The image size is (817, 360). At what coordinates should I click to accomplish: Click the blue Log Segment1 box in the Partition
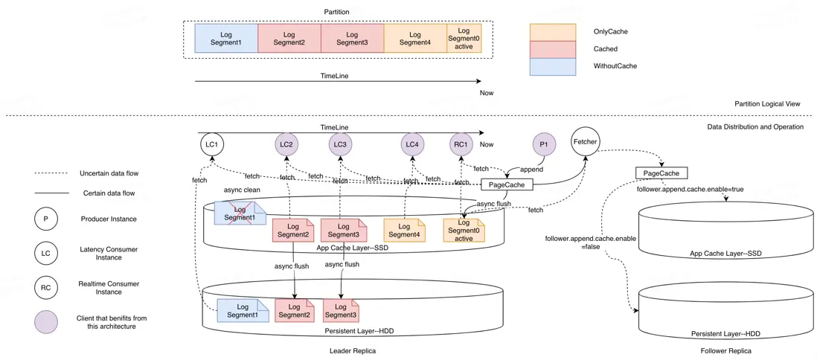(x=226, y=39)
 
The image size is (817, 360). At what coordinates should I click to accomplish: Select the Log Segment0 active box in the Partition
(x=464, y=39)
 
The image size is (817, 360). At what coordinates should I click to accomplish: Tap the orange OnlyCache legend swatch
(x=553, y=32)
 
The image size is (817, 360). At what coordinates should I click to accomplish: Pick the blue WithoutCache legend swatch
(x=553, y=66)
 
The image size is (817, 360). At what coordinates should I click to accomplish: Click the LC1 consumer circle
(x=212, y=144)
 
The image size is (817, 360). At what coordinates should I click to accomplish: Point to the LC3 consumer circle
(x=340, y=144)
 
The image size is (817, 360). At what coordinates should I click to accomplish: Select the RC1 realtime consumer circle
(x=461, y=144)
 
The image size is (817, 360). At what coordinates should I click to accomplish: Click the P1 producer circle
(x=544, y=144)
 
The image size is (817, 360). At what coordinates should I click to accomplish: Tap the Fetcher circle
(x=586, y=141)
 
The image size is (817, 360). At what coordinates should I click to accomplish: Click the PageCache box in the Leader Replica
(x=507, y=184)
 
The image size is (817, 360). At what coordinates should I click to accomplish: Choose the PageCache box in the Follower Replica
(x=661, y=173)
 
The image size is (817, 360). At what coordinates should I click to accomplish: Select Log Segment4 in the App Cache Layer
(x=404, y=230)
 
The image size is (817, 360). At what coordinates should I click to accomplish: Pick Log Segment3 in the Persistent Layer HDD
(x=341, y=310)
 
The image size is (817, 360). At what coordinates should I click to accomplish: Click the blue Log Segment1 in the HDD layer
(x=243, y=310)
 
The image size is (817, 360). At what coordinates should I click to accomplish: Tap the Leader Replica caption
(x=352, y=350)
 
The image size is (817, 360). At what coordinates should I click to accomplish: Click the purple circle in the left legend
(x=45, y=322)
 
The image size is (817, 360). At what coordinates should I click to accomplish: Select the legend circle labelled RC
(x=45, y=288)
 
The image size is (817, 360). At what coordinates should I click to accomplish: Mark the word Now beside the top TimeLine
(x=487, y=93)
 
